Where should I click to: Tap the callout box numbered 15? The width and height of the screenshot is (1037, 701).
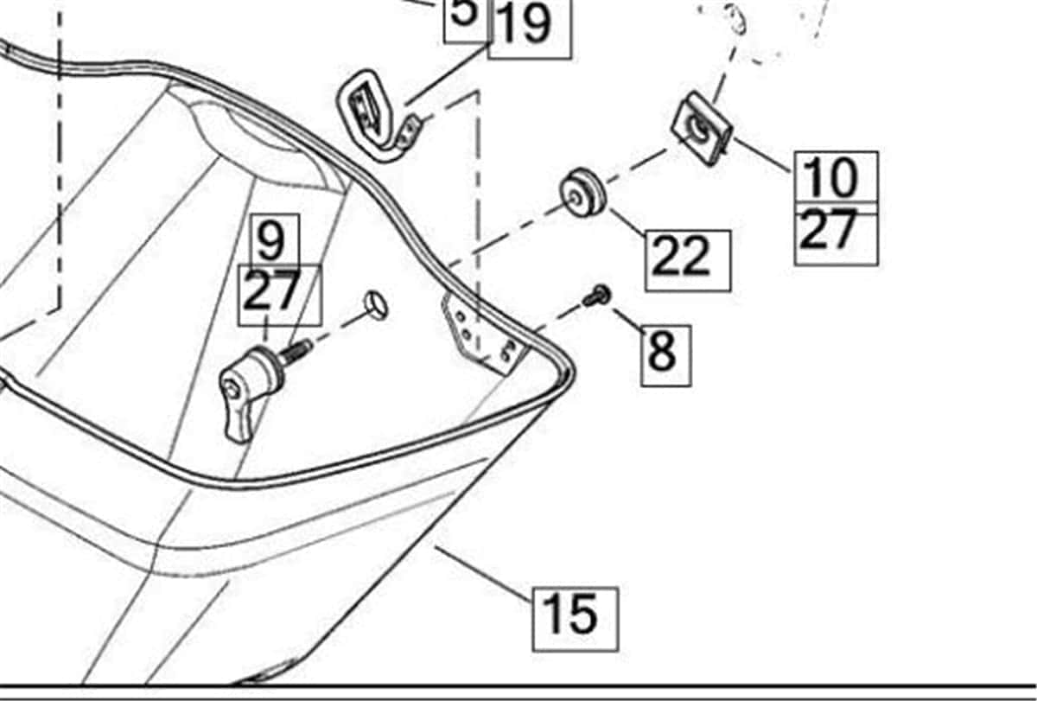click(x=576, y=620)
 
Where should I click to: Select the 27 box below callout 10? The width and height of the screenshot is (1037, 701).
click(x=837, y=235)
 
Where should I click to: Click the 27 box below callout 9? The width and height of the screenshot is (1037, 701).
click(x=280, y=296)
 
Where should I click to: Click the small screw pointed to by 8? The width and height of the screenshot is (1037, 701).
click(x=598, y=296)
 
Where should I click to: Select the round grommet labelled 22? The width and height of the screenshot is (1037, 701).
click(x=582, y=193)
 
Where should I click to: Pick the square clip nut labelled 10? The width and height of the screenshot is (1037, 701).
click(x=703, y=129)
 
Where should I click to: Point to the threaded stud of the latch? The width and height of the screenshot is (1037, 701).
click(x=296, y=352)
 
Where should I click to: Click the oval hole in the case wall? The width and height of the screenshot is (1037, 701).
click(x=377, y=306)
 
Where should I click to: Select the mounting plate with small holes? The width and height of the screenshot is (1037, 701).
click(x=484, y=333)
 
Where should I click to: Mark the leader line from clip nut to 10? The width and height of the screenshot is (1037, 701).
click(x=762, y=155)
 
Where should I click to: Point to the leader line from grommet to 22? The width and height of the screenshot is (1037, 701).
click(x=631, y=224)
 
